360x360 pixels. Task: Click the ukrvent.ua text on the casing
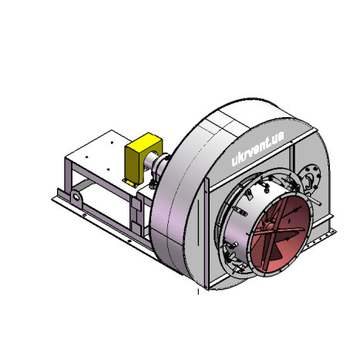[x=257, y=149]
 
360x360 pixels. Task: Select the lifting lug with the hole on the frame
[x=76, y=198]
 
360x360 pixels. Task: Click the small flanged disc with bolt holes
[x=311, y=178]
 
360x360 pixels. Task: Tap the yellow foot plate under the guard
[x=130, y=183]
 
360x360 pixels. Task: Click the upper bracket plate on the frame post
[x=136, y=205]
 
